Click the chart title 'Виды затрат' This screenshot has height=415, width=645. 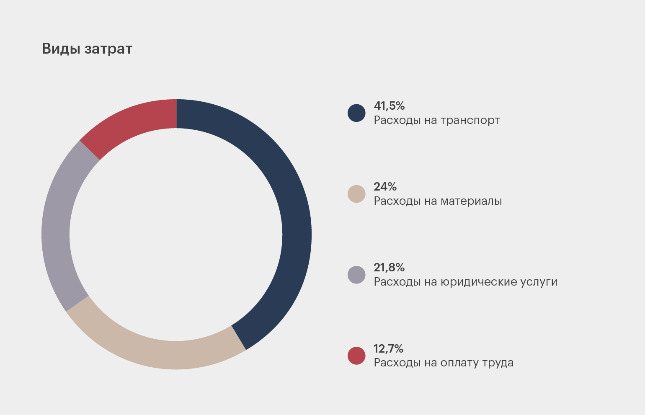click(x=87, y=49)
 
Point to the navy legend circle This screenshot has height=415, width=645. click(x=356, y=113)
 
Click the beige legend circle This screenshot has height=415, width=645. click(x=356, y=194)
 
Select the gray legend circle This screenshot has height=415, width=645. click(x=356, y=275)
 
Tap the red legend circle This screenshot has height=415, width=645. click(x=356, y=356)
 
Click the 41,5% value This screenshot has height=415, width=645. click(x=389, y=106)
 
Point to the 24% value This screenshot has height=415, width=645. click(x=385, y=187)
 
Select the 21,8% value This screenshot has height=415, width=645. click(x=389, y=268)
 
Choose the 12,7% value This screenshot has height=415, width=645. click(x=388, y=348)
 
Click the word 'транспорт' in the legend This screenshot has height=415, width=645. click(x=470, y=121)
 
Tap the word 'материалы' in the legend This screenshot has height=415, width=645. click(x=471, y=201)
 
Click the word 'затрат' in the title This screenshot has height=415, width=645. click(x=108, y=49)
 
